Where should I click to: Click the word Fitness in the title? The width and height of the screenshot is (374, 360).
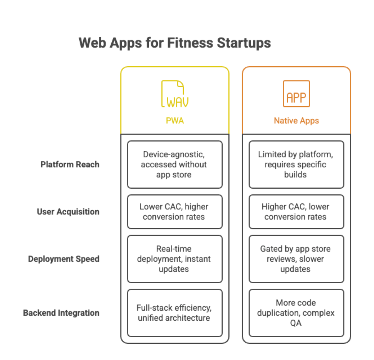[190, 43]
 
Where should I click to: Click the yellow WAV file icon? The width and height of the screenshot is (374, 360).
[175, 94]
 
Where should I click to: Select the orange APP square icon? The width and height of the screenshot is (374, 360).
[296, 94]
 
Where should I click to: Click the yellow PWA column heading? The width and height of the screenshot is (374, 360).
[175, 120]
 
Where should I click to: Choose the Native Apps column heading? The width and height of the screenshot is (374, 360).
[296, 121]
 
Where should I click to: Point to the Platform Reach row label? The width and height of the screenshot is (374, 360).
[70, 164]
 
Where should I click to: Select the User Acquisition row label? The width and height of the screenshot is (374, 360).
[68, 212]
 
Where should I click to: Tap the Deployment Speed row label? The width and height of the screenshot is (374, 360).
[64, 259]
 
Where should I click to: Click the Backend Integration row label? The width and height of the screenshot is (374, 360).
[61, 313]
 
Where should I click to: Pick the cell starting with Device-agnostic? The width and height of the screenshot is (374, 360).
[175, 165]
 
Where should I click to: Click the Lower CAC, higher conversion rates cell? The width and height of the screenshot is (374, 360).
[175, 212]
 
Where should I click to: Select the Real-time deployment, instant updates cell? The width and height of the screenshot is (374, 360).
[175, 259]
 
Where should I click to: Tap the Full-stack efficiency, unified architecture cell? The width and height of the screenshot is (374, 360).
[175, 313]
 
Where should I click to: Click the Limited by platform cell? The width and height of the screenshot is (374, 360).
[296, 165]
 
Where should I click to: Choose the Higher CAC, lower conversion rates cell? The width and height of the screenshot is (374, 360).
[296, 212]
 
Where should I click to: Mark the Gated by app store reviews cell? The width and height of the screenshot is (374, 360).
[296, 259]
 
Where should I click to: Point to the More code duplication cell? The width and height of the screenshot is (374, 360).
[296, 313]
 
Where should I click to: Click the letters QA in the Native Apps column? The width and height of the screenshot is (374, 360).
[295, 323]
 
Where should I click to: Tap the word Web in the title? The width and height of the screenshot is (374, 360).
[92, 43]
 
